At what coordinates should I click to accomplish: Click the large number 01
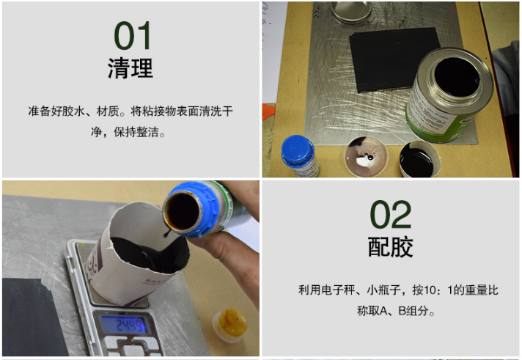pyautogui.click(x=133, y=36)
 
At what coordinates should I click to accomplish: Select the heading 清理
pyautogui.click(x=130, y=68)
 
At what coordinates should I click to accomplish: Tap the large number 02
pyautogui.click(x=391, y=215)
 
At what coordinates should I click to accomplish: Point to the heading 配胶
pyautogui.click(x=390, y=247)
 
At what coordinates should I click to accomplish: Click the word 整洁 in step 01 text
pyautogui.click(x=151, y=133)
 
